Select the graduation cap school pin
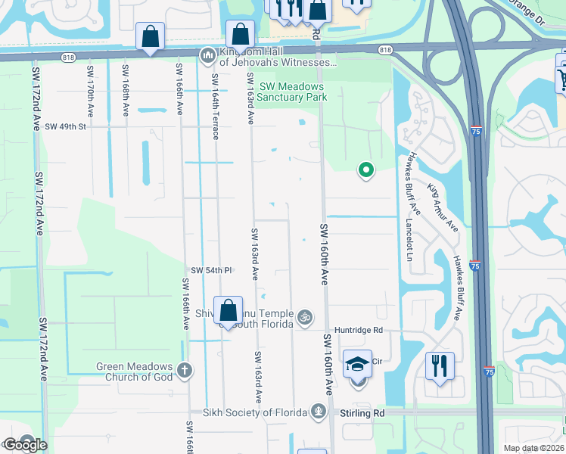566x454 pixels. pos(357,365)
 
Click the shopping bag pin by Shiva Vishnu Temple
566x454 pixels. pos(228,310)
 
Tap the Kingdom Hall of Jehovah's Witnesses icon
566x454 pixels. pos(207,56)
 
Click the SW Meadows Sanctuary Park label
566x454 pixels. pos(291,92)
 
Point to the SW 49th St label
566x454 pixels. pos(66,126)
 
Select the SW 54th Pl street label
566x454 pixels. pos(210,270)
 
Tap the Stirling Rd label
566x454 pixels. pos(366,413)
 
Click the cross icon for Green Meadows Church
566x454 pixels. pos(184,370)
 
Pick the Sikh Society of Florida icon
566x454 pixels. pos(319,412)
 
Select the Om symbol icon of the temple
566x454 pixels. pos(306,316)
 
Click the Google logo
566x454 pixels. pos(24,445)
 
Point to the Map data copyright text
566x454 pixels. pos(533,448)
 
